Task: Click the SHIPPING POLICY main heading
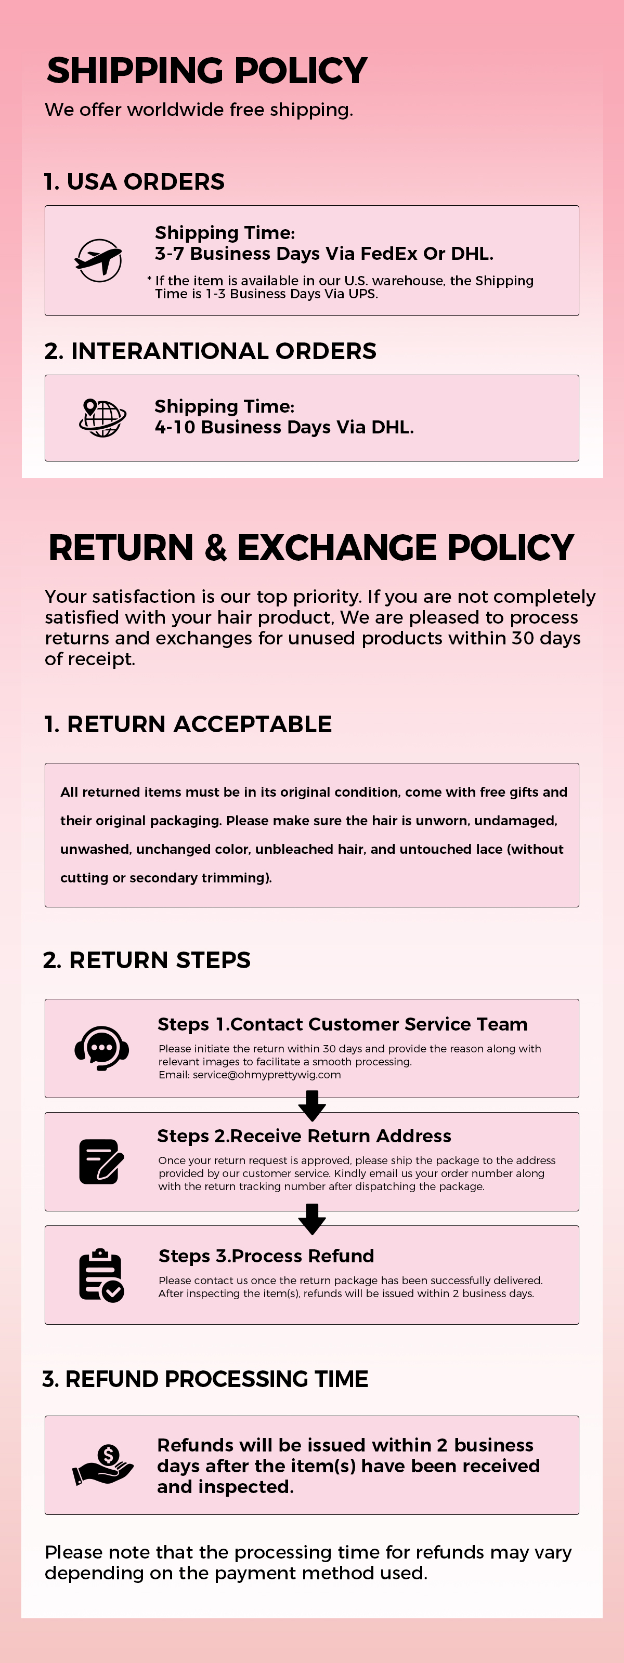click(x=207, y=70)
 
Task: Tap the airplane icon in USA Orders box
click(x=98, y=260)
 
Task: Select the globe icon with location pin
click(x=102, y=418)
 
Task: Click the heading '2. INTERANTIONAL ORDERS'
click(x=211, y=351)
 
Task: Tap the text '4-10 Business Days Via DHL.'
click(x=284, y=427)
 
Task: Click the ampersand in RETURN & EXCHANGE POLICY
click(x=216, y=548)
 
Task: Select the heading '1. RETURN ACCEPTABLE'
click(x=188, y=724)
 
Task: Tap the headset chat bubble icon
click(x=101, y=1048)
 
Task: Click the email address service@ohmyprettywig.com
click(x=267, y=1075)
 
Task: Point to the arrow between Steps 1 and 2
click(x=312, y=1106)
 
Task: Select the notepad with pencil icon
click(x=101, y=1162)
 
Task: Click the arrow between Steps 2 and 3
click(x=312, y=1219)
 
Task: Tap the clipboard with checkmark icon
click(x=101, y=1275)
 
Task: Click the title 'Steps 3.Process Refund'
click(x=266, y=1256)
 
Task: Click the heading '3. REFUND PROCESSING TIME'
click(x=205, y=1379)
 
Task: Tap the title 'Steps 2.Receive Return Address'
click(x=304, y=1136)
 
